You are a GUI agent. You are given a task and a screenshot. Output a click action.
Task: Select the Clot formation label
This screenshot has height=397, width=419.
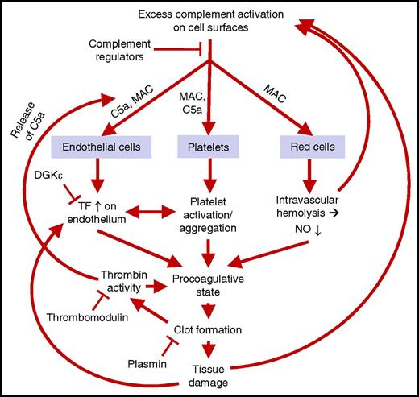click(210, 329)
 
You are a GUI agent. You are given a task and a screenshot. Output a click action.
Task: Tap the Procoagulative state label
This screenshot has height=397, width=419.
click(210, 283)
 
